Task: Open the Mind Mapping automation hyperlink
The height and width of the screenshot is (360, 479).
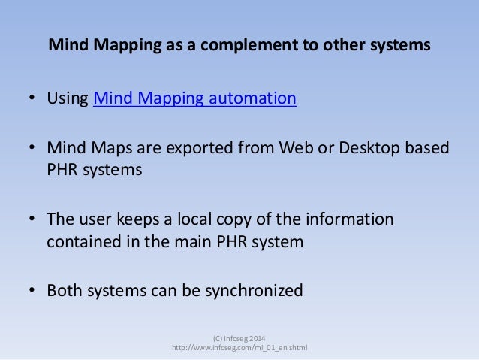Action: coord(194,99)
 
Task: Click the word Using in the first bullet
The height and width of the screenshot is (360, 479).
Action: coord(68,99)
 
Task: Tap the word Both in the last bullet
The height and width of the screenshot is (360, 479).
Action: coord(65,290)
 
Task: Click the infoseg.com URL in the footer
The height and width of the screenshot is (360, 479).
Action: coord(239,347)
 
